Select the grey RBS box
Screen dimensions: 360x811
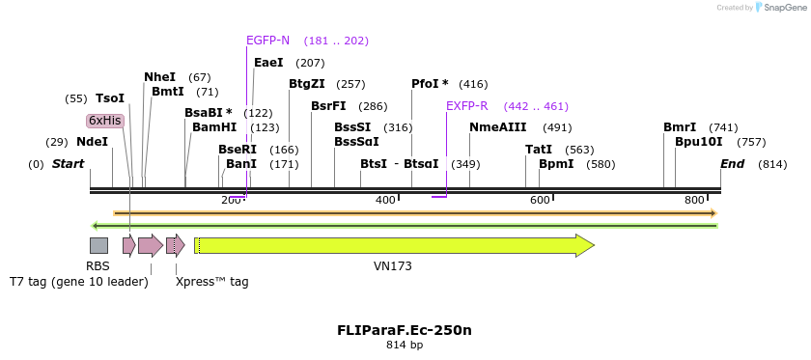tap(98, 245)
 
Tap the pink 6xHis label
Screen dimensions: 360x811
tap(105, 121)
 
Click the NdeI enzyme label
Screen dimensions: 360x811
tap(92, 142)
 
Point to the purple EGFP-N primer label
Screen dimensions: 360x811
tap(267, 41)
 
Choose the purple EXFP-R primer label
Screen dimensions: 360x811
tap(466, 106)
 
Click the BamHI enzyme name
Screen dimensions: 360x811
tap(214, 127)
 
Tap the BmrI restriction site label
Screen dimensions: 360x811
tap(680, 127)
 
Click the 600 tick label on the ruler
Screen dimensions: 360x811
tap(540, 200)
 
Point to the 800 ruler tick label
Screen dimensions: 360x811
tap(694, 200)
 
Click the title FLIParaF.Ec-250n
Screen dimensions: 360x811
tap(405, 330)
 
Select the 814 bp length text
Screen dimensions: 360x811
tap(405, 345)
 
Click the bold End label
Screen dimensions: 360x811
tap(732, 164)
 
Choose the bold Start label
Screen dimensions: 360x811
tap(68, 164)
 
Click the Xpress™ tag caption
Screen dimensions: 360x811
tap(212, 282)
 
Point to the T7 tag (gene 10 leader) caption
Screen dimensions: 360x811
tap(79, 282)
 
